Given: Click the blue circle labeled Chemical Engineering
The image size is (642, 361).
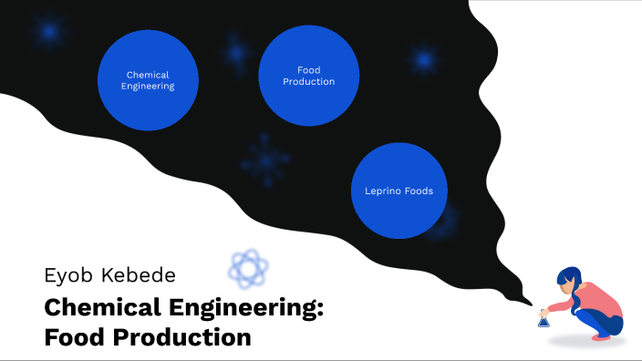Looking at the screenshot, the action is tap(148, 80).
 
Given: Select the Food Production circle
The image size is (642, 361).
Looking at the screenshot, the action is tap(309, 76).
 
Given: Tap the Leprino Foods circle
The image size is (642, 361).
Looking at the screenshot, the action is tap(399, 191).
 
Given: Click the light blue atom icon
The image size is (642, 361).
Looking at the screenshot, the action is tap(248, 267).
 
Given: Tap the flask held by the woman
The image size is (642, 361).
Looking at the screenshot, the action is tap(544, 319).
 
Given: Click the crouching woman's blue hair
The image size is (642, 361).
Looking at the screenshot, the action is tap(569, 279).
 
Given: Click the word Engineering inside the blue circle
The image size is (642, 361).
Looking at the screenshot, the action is tap(148, 87).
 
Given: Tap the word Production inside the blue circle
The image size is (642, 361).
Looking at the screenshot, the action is tap(309, 82).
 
